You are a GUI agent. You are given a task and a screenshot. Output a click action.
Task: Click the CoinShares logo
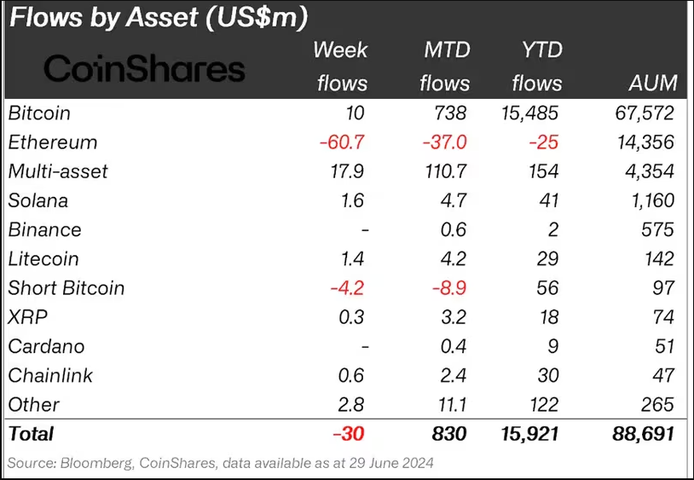[x=144, y=68]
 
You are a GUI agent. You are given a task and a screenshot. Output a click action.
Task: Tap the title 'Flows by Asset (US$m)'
[x=159, y=17]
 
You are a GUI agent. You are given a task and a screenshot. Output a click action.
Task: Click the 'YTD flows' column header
[x=536, y=66]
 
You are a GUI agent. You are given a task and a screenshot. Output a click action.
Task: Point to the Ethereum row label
[x=53, y=142]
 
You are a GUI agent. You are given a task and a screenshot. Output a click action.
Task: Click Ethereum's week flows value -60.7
[x=343, y=142]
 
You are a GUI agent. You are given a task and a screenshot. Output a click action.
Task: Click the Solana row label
[x=38, y=200]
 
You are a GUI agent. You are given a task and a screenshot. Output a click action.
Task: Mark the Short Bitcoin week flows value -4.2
[x=348, y=288]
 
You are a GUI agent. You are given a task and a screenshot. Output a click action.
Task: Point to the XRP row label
[x=27, y=317]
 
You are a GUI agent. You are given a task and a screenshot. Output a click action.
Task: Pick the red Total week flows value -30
[x=350, y=434]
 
